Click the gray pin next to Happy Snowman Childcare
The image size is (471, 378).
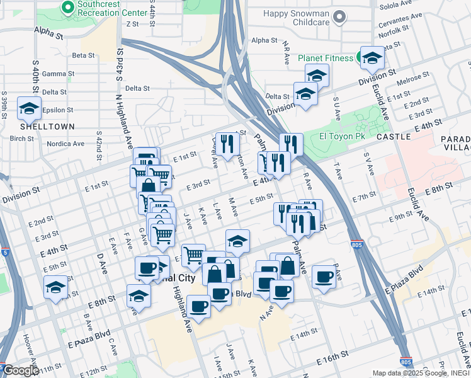(339, 17)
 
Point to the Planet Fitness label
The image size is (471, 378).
(326, 58)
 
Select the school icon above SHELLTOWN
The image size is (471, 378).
(29, 109)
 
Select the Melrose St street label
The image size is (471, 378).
(418, 81)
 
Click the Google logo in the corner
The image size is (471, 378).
(21, 370)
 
